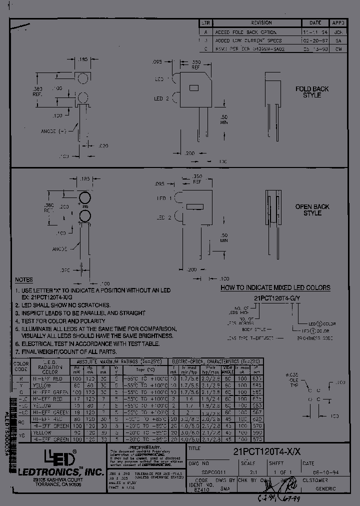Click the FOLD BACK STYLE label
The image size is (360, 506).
[x=312, y=92]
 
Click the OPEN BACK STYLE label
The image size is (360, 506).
[x=312, y=209]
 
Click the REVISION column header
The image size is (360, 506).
[x=261, y=23]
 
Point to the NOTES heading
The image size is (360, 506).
[x=24, y=280]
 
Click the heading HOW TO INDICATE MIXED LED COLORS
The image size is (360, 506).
[x=275, y=287]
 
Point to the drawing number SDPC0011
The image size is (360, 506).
[x=204, y=471]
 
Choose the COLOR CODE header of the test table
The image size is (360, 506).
[x=21, y=366]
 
